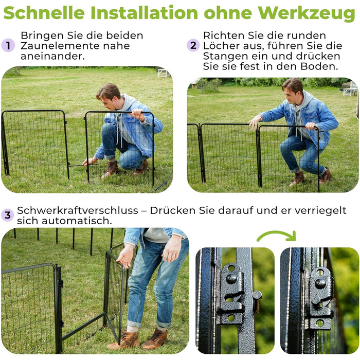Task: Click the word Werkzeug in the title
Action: [x=307, y=13]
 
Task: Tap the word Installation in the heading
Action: [x=144, y=13]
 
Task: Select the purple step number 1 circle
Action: [x=8, y=45]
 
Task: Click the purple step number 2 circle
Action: [x=193, y=45]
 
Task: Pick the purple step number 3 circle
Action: [x=8, y=215]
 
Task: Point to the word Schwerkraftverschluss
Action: [x=78, y=210]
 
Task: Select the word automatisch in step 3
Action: [x=77, y=221]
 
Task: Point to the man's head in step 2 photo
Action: [x=292, y=90]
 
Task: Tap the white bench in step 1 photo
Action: [x=164, y=73]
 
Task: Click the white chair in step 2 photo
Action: [x=351, y=89]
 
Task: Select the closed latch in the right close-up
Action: [x=320, y=298]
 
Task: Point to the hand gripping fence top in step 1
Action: [x=138, y=114]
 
